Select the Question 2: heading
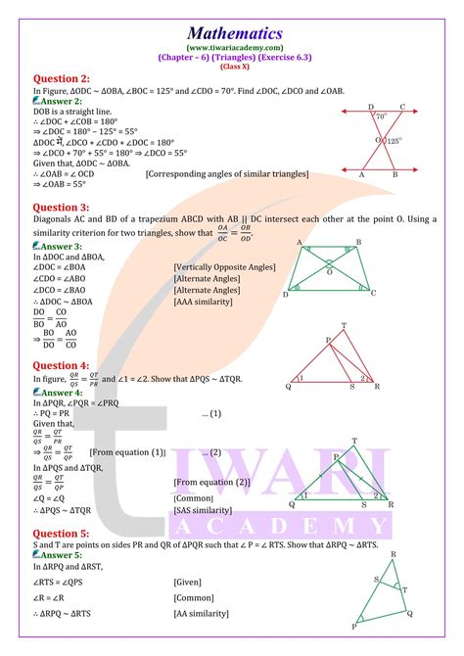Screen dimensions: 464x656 pyautogui.click(x=62, y=78)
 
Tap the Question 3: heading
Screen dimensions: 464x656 pyautogui.click(x=62, y=208)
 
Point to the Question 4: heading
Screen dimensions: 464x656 pyautogui.click(x=62, y=365)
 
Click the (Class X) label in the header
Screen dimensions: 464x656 pyautogui.click(x=232, y=64)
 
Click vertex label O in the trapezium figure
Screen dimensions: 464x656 pyautogui.click(x=330, y=273)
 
